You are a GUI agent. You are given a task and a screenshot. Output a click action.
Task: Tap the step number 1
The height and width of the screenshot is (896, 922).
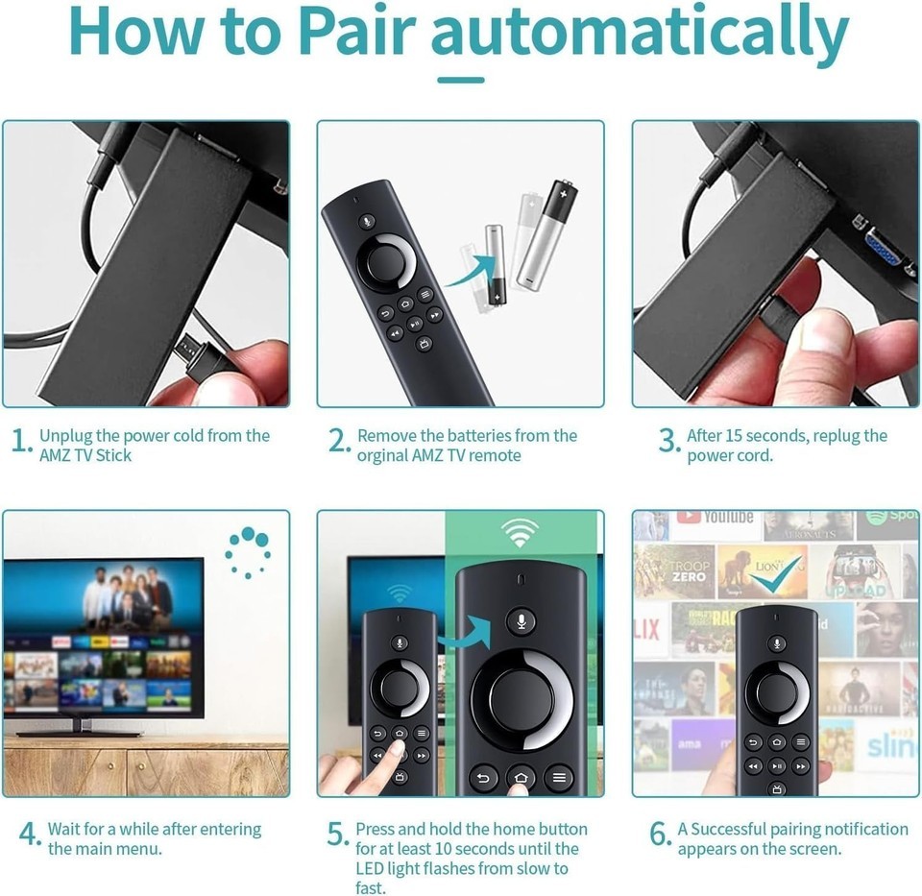tap(20, 441)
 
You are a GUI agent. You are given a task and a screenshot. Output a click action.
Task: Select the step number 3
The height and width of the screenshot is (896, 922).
tap(668, 441)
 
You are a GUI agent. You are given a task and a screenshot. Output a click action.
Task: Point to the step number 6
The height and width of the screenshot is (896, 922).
tap(659, 834)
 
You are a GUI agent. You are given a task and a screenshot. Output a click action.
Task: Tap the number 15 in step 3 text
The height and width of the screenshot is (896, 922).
tap(734, 436)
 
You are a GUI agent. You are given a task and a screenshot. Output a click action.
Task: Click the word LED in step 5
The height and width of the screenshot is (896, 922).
tap(370, 868)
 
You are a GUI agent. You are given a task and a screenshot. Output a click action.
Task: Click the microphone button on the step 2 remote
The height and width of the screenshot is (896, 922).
tap(368, 222)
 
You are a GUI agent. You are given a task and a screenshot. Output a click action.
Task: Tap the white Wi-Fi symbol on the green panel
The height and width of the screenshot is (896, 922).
tap(520, 533)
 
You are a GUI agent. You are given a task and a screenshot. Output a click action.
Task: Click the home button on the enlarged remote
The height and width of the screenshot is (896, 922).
tap(521, 777)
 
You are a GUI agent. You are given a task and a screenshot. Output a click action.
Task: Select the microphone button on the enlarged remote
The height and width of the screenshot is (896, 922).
tap(521, 620)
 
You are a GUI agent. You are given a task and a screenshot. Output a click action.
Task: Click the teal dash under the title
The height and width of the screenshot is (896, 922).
tap(460, 80)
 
